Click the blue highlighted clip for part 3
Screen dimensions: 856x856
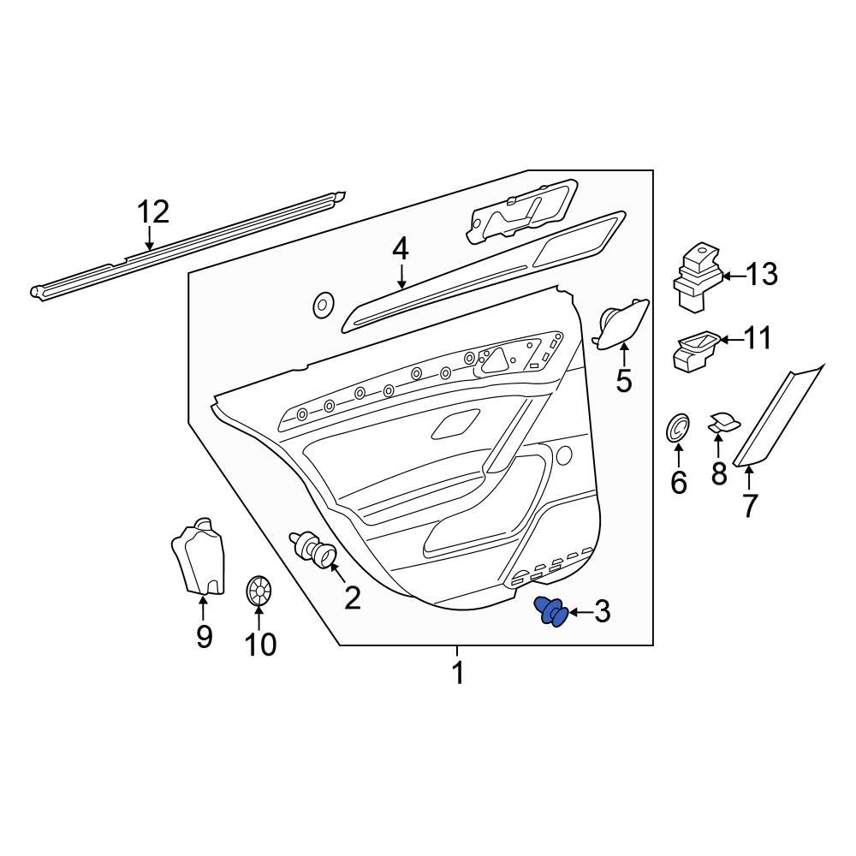coord(552,612)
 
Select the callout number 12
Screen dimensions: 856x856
coord(154,211)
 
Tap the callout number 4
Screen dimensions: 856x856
coord(401,250)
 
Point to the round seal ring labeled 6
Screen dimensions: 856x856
coord(678,427)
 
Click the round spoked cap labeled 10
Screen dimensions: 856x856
coord(259,591)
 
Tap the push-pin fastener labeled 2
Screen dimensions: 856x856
coord(315,549)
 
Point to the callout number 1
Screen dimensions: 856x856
coord(458,673)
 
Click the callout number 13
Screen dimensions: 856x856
coord(761,275)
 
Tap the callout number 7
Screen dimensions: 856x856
coord(750,506)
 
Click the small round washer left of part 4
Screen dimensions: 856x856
coord(324,305)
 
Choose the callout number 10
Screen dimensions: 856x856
coord(260,644)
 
